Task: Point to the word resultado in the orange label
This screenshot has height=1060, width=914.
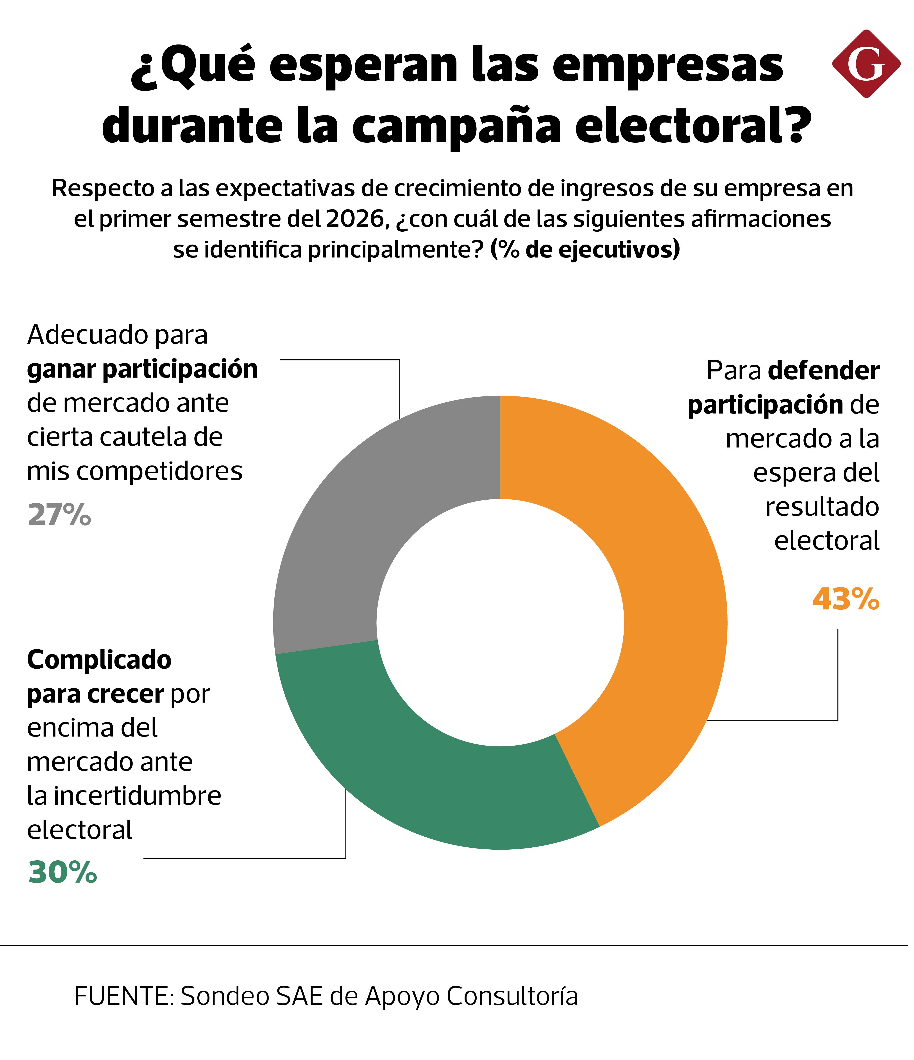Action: click(x=822, y=506)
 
